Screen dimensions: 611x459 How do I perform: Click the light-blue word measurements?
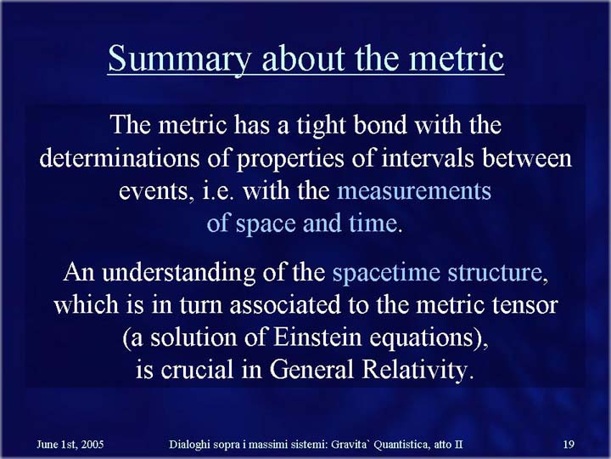(414, 191)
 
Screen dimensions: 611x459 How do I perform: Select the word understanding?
(178, 273)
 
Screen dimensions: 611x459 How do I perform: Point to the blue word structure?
(495, 273)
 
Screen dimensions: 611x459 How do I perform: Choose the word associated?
(285, 305)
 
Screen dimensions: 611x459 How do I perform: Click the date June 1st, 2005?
(70, 445)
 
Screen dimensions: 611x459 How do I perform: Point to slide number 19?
(569, 445)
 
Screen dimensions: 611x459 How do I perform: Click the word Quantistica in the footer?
(401, 445)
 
